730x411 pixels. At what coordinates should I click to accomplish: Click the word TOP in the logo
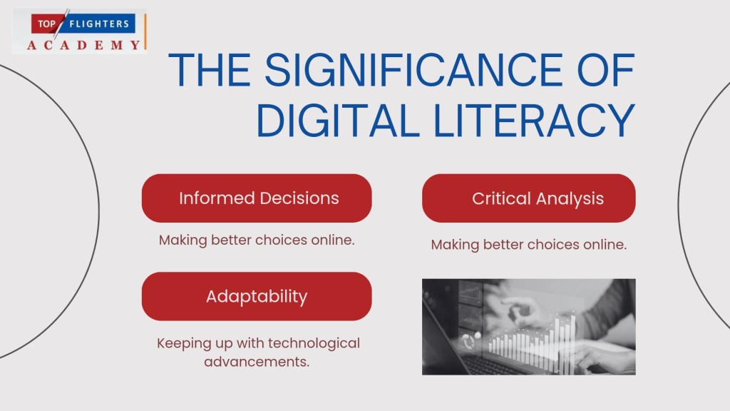tap(46, 24)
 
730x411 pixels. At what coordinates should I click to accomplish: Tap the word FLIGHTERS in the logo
tap(99, 24)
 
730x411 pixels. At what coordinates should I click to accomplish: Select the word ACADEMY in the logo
tap(84, 45)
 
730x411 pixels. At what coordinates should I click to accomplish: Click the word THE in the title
tap(210, 69)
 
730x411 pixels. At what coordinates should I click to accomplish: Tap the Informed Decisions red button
tap(257, 198)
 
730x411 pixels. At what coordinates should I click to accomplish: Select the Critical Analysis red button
tap(528, 198)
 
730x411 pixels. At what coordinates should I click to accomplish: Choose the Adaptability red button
tap(257, 296)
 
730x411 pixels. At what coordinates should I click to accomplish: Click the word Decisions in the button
tap(299, 198)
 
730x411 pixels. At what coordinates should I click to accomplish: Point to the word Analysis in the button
tap(570, 199)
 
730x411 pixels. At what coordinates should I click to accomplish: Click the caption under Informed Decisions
tap(257, 240)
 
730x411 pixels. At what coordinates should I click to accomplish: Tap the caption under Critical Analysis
tap(528, 245)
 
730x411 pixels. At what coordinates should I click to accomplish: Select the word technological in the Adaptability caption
tap(314, 343)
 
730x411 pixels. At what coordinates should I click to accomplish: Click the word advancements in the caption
tap(257, 362)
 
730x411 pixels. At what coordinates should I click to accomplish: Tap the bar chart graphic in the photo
tap(533, 342)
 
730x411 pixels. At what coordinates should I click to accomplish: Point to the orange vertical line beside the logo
tap(145, 31)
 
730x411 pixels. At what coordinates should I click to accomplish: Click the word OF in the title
tap(606, 69)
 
